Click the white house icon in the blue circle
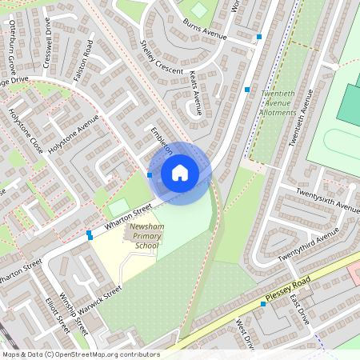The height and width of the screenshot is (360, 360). [x=180, y=173]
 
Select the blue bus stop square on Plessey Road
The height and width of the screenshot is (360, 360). [x=263, y=304]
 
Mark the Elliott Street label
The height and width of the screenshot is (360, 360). [x=58, y=317]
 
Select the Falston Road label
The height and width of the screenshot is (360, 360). [x=83, y=60]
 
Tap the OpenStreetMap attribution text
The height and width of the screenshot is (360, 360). [x=80, y=354]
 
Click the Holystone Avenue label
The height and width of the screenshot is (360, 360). [x=72, y=134]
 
